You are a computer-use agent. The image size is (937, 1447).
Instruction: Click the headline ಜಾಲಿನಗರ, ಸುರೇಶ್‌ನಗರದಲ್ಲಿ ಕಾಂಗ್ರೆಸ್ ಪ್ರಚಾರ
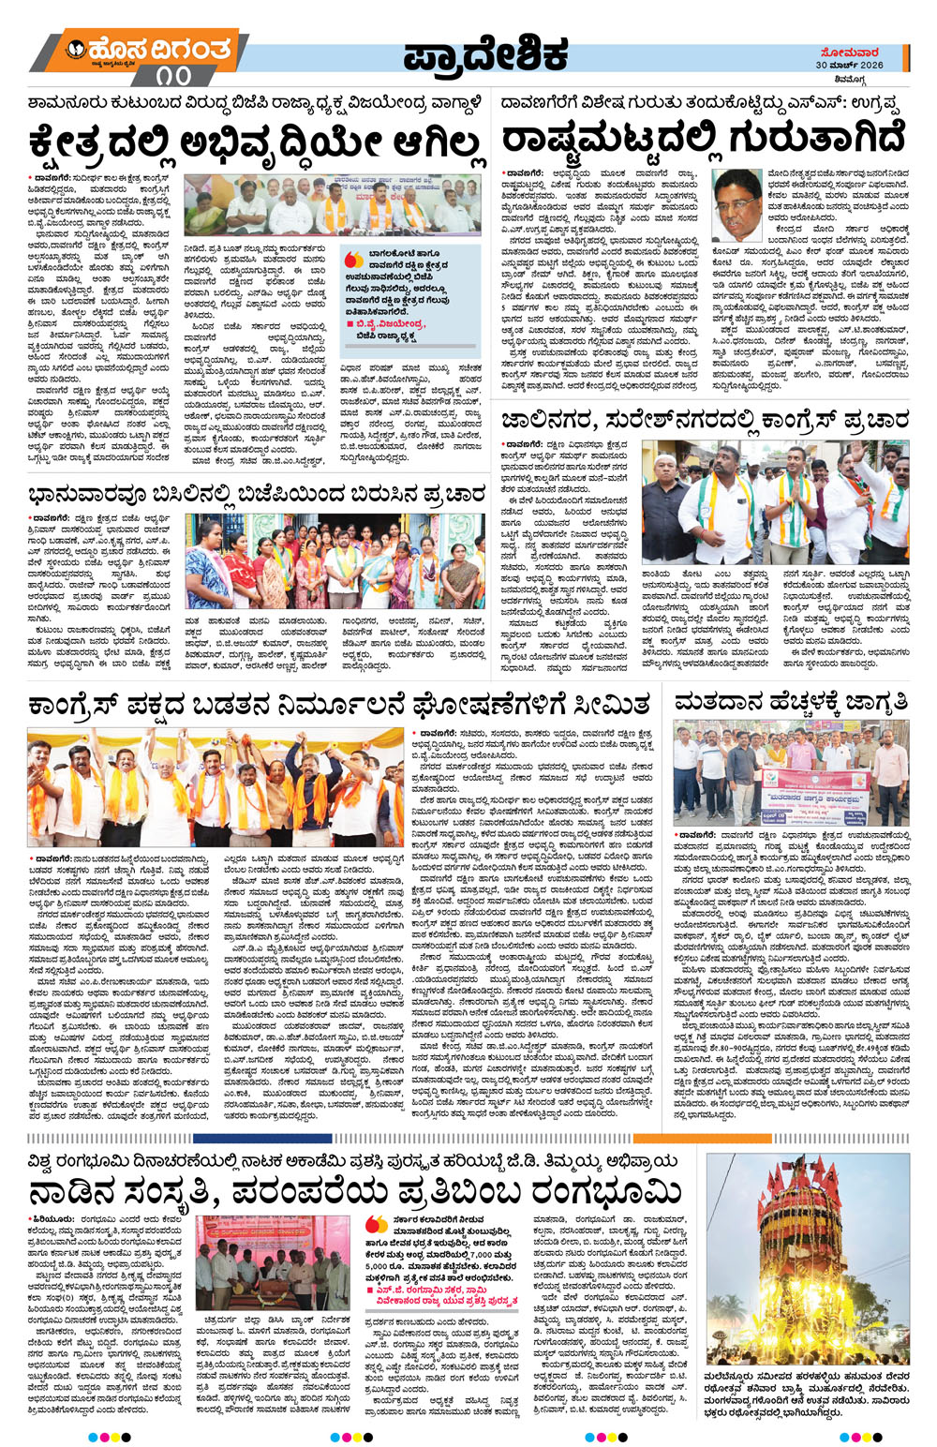[703, 421]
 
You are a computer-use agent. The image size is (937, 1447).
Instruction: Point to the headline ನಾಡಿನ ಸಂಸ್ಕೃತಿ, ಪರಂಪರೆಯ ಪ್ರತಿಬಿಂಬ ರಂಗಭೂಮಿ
[356, 1193]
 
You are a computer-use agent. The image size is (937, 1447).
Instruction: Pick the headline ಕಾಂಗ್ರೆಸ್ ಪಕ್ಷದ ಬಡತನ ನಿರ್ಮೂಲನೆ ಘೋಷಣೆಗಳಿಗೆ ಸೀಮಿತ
[339, 704]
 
